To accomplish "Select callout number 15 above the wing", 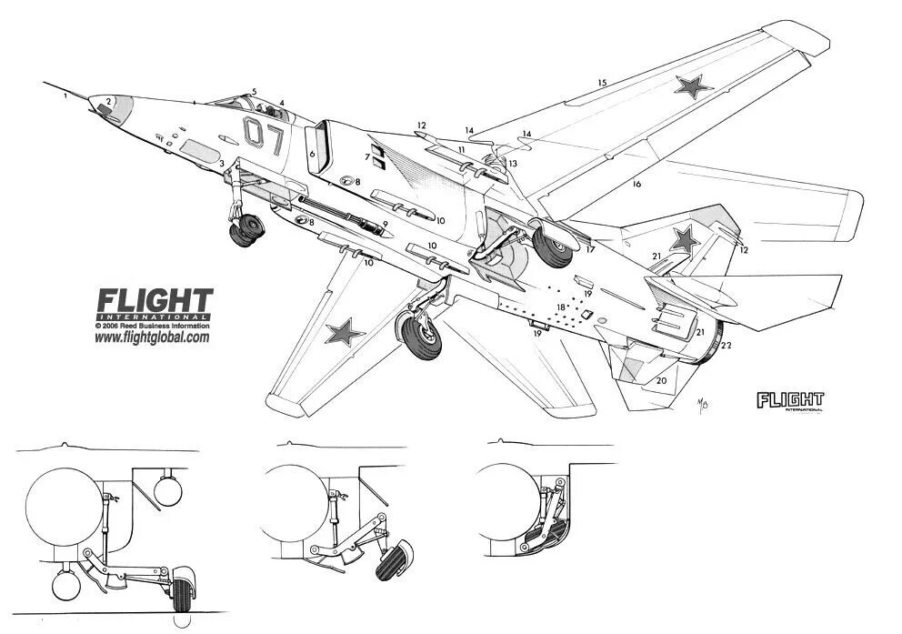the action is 601,84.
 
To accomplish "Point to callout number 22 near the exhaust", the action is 726,346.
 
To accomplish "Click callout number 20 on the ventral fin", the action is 661,380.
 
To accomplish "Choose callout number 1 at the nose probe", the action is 65,94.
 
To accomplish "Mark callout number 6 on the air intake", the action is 312,155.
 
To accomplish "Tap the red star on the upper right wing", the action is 693,87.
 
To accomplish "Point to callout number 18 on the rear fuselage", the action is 561,307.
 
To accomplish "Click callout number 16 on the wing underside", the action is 636,184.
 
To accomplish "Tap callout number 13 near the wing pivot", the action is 513,163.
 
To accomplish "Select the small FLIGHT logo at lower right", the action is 789,399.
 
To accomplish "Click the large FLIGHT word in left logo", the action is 155,300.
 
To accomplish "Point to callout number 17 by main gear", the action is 590,249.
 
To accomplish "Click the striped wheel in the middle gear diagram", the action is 393,559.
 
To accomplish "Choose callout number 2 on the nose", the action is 108,102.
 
